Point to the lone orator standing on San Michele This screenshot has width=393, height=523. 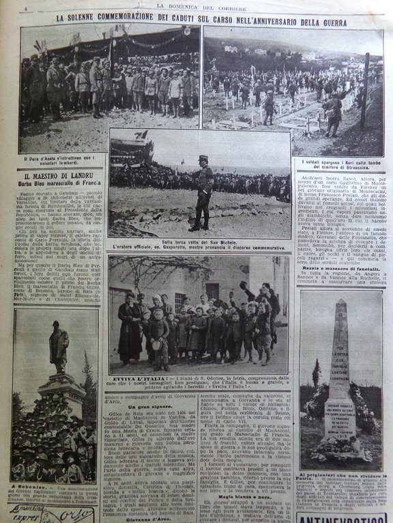click(x=203, y=192)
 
